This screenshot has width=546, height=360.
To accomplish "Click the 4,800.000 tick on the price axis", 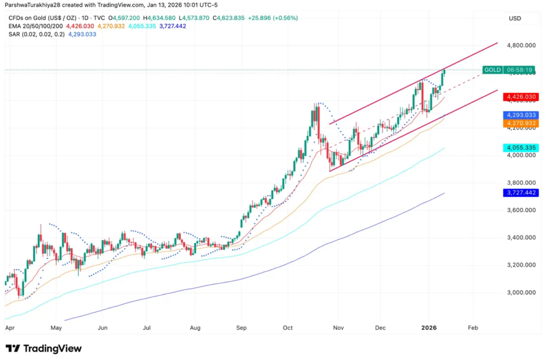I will coord(521,46).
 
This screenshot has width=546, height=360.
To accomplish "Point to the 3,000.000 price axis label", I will coord(521,293).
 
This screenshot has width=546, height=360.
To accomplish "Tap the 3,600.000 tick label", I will coord(521,210).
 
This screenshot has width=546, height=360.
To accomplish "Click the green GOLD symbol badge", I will coord(492,70).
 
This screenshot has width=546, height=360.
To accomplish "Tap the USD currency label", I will coord(515,18).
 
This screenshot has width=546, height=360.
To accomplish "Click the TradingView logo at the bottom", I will coord(44,349).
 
